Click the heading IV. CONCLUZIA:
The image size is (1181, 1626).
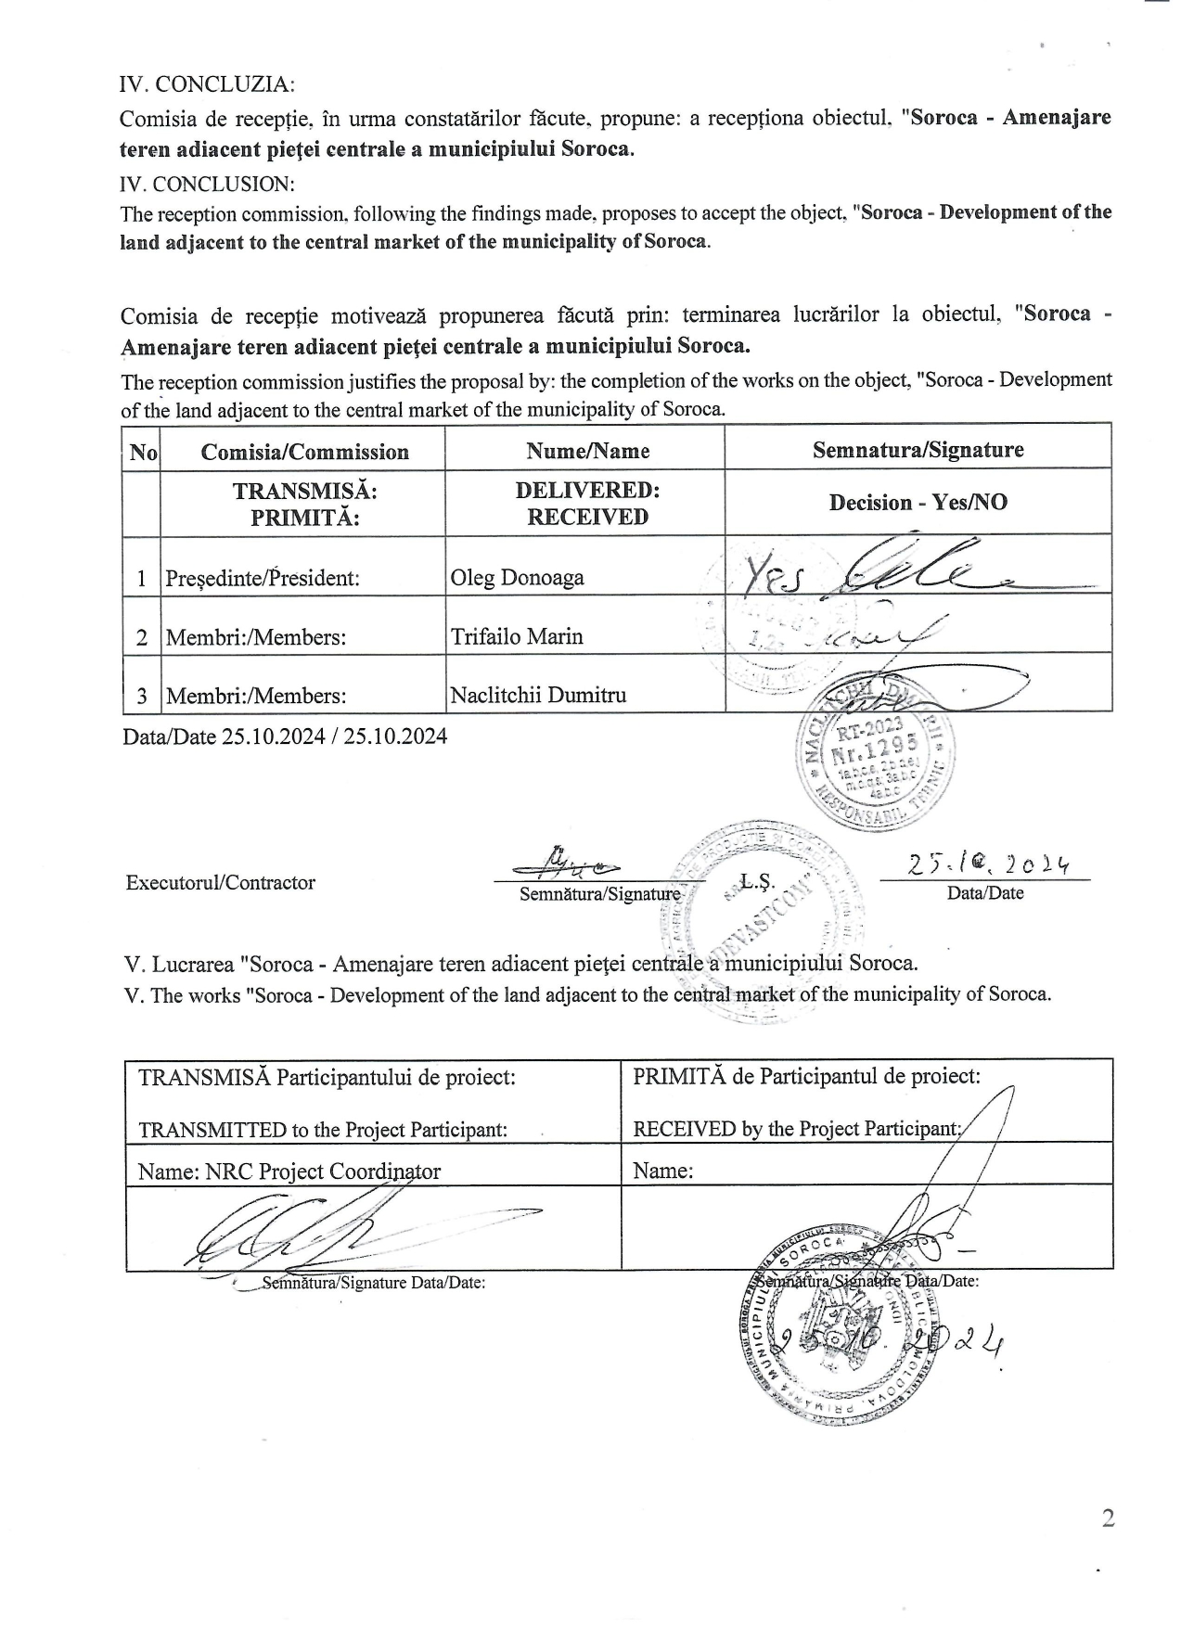click(207, 84)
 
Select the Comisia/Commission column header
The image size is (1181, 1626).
click(304, 452)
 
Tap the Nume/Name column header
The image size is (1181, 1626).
click(587, 451)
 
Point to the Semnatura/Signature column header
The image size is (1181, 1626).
click(918, 450)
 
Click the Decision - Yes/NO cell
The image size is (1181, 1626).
click(918, 503)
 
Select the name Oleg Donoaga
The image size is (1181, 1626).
click(517, 578)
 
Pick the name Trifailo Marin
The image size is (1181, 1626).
click(517, 636)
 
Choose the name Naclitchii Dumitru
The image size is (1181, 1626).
click(538, 695)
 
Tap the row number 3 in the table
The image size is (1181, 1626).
click(141, 696)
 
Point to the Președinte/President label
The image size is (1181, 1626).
click(262, 579)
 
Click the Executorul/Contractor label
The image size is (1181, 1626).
click(221, 883)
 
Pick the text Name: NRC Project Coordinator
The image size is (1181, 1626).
click(289, 1171)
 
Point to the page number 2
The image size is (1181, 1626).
click(1107, 1517)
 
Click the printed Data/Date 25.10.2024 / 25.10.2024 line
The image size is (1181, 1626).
click(285, 736)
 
